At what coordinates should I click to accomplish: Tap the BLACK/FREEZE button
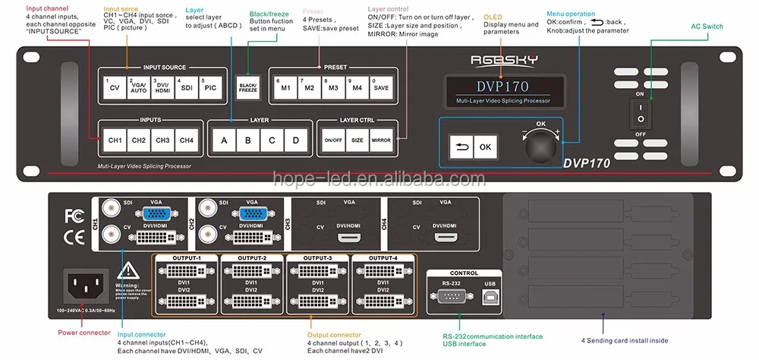click(248, 87)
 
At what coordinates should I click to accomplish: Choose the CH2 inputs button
click(138, 140)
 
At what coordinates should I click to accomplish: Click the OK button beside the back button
click(485, 147)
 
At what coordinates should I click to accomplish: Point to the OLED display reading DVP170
click(502, 87)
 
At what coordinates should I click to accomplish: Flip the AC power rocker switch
click(641, 112)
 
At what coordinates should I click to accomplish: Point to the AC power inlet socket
click(86, 286)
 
